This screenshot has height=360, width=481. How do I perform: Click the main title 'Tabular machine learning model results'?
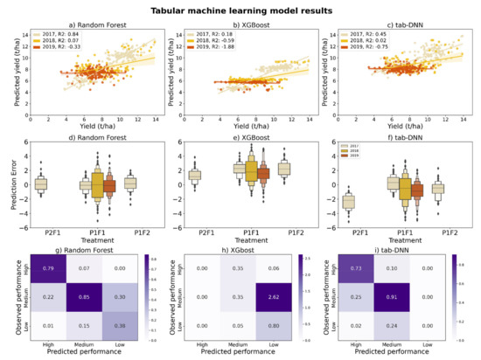(x=240, y=10)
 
